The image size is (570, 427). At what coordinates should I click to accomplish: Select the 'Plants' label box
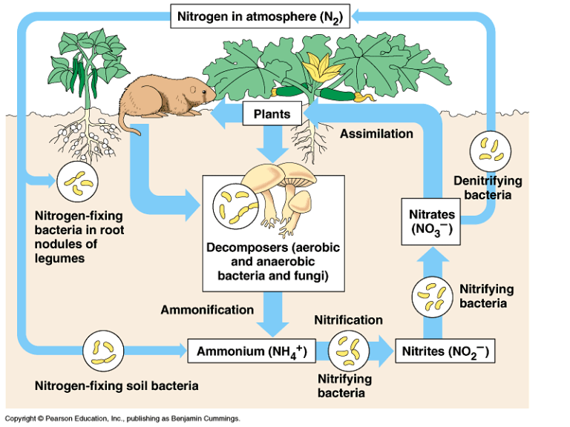[272, 114]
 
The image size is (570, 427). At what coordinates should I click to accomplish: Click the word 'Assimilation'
[376, 134]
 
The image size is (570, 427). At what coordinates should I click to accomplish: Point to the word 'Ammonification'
[207, 309]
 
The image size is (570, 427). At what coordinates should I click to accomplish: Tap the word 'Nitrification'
[348, 320]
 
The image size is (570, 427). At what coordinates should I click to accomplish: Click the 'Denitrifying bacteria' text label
[488, 188]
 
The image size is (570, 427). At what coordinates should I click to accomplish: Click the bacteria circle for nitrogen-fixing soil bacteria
[102, 349]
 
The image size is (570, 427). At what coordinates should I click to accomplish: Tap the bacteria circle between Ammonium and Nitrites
[348, 350]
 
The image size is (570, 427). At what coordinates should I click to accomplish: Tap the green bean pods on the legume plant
[82, 70]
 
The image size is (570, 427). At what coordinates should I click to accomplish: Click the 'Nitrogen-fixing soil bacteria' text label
[117, 385]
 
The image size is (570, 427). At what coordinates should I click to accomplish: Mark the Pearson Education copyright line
[122, 419]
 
